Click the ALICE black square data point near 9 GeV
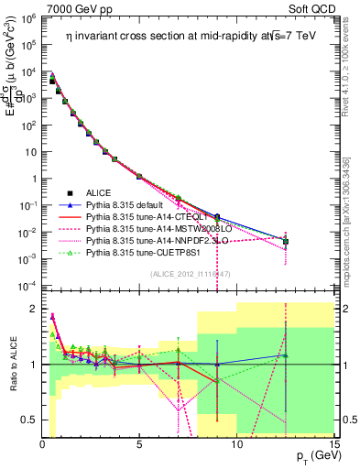[x=217, y=217]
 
